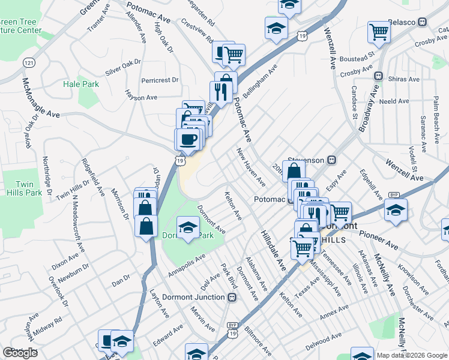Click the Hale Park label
(81, 85)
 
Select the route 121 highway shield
(29, 62)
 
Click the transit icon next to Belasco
(423, 22)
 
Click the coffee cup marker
(186, 139)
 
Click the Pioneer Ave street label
(379, 238)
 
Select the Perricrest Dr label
(160, 80)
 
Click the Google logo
(20, 353)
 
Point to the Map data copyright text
(411, 355)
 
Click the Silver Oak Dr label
(122, 67)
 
